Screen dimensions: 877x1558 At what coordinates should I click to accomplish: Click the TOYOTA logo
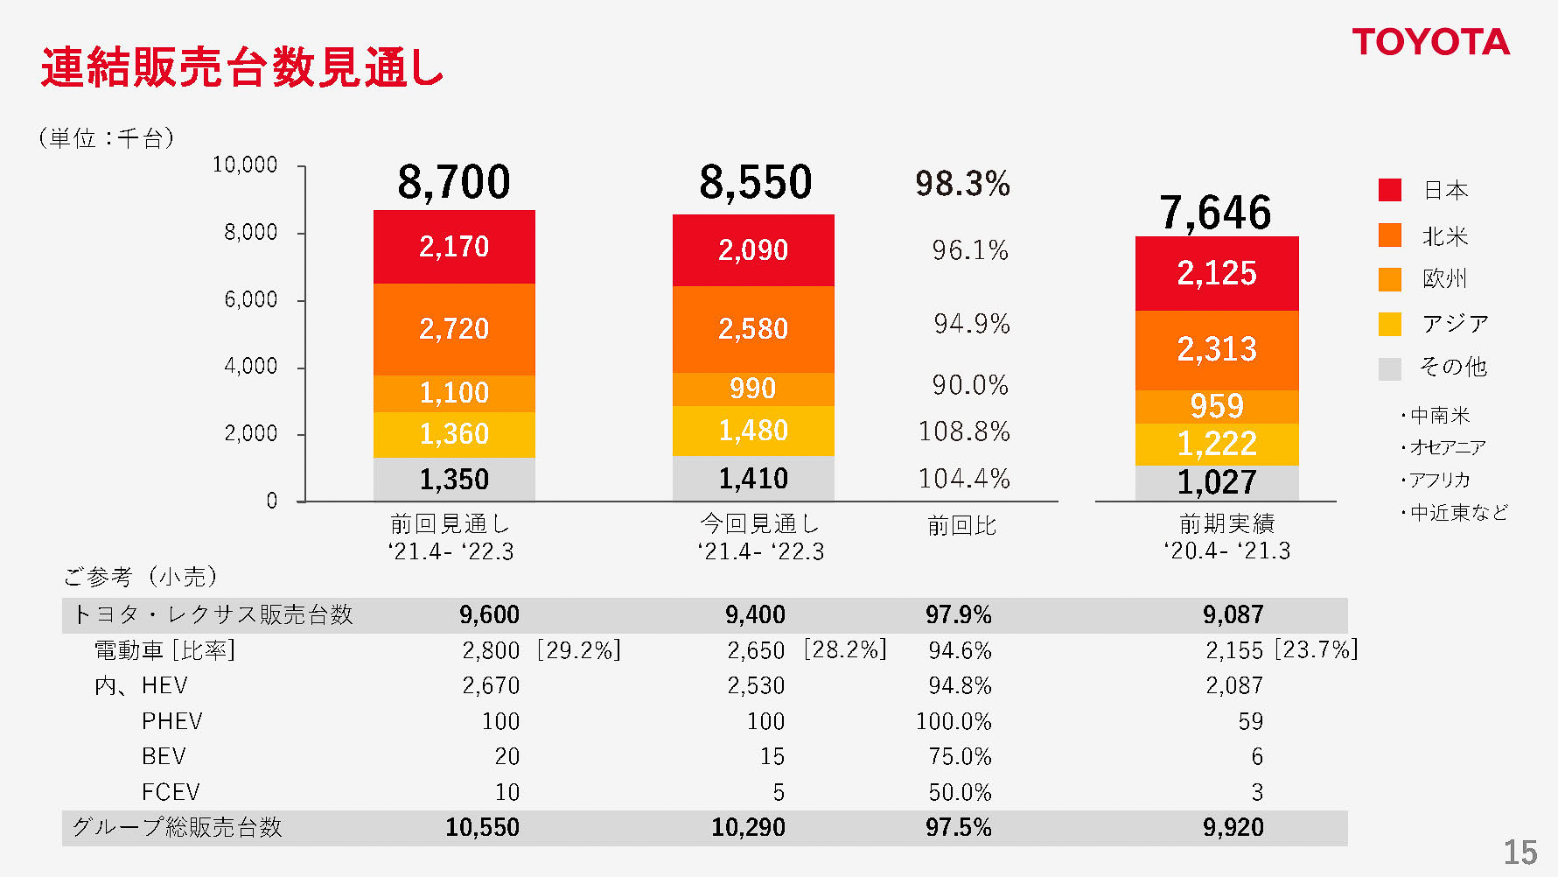1430,42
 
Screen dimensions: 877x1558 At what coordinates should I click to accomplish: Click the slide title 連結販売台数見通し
242,67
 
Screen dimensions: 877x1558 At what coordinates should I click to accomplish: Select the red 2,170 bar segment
454,247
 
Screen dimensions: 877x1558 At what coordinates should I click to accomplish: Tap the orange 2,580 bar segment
753,329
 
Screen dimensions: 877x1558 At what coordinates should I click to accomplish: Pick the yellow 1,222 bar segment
1217,444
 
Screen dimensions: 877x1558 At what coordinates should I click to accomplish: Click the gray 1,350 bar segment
454,479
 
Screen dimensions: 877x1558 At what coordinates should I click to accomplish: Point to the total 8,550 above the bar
755,182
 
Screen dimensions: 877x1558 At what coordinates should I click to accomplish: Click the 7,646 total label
1216,213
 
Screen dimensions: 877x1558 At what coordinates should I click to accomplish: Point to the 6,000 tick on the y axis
251,299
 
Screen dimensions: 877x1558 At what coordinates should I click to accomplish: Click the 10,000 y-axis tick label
245,165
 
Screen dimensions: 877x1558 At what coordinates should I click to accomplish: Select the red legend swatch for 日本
1389,190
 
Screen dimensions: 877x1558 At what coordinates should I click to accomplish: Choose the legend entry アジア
1455,324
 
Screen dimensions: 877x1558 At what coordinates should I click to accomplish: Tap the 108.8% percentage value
964,431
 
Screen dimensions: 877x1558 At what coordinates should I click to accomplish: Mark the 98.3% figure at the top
962,184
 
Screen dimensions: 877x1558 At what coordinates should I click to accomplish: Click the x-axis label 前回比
961,525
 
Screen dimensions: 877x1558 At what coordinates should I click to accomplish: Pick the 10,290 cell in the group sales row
748,827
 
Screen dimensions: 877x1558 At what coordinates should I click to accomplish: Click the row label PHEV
171,721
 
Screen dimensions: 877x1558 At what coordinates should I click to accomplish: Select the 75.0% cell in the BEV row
960,756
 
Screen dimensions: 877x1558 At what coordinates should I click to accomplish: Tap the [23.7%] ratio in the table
1316,649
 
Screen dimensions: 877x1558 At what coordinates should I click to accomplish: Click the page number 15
1520,852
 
